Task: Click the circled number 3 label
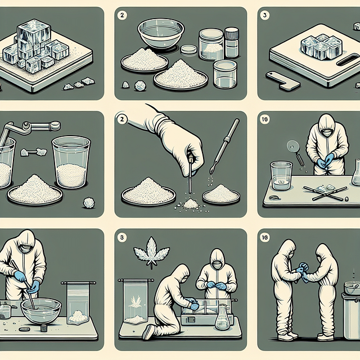(265, 15)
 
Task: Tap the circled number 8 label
(121, 237)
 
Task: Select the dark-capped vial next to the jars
(232, 43)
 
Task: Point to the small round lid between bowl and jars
(189, 49)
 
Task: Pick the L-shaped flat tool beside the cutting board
(282, 80)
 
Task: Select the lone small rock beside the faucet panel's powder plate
(89, 202)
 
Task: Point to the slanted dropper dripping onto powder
(224, 146)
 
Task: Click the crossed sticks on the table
(325, 193)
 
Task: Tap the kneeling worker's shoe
(148, 332)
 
